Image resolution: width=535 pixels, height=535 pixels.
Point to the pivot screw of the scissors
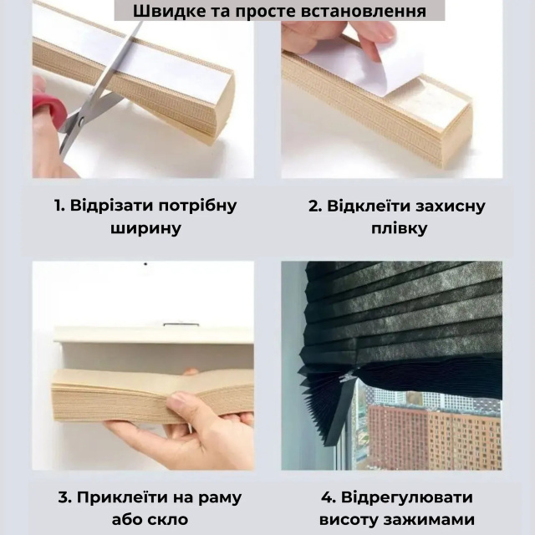click(x=81, y=120)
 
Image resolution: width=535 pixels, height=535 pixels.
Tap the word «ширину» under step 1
click(x=145, y=228)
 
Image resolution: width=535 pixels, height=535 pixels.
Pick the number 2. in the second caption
click(x=315, y=206)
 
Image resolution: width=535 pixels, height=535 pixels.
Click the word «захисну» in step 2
click(x=450, y=206)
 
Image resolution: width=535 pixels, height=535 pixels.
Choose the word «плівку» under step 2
click(x=399, y=228)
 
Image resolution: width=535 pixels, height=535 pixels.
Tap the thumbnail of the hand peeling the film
click(x=392, y=99)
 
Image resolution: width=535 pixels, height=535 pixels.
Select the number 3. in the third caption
click(x=64, y=497)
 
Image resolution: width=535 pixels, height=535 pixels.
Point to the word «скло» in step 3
click(x=169, y=519)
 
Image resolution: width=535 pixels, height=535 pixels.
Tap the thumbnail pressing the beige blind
click(x=143, y=366)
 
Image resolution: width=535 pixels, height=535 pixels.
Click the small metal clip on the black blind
click(x=348, y=376)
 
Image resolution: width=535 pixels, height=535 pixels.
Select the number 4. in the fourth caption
click(x=329, y=497)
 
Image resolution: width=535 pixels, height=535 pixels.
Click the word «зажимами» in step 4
click(x=429, y=520)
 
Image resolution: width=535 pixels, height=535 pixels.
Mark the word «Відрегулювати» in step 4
click(x=407, y=498)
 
